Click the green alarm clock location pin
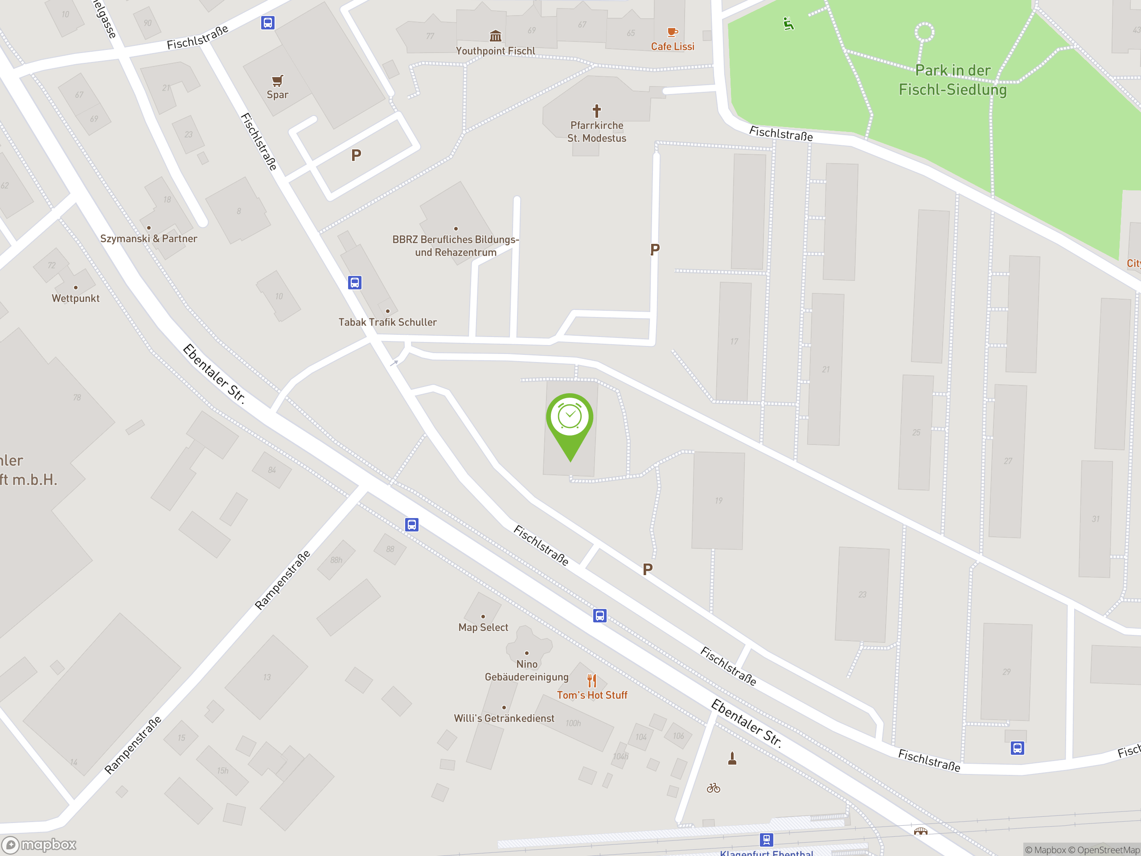pos(570,421)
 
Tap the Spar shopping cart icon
pos(278,81)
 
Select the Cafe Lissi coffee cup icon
pos(672,33)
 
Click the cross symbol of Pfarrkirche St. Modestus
pos(597,111)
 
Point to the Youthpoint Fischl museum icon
pos(495,36)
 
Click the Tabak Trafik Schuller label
pos(387,322)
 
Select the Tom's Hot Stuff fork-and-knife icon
pos(591,681)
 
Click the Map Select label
pos(483,627)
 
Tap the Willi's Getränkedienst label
pos(504,718)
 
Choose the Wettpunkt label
pos(75,298)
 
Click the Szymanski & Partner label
pos(148,239)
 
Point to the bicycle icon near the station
pos(714,788)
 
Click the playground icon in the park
pos(788,24)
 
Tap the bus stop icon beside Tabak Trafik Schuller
pos(355,283)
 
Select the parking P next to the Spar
pos(356,155)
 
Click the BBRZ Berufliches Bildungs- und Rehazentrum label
pos(456,246)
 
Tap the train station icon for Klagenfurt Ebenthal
pos(767,840)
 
